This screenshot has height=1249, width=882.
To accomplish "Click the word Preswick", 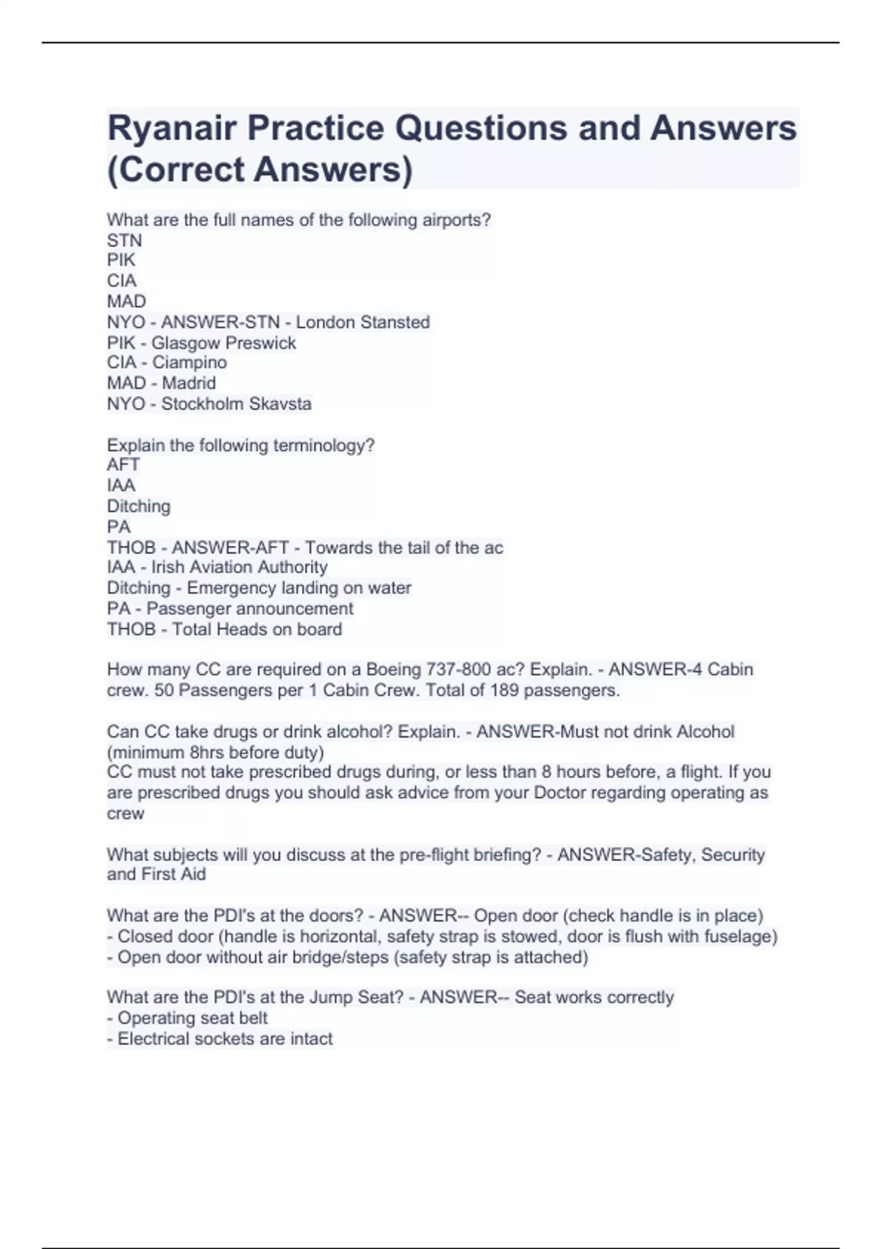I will click(261, 343).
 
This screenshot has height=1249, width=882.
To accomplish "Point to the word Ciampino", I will click(189, 363).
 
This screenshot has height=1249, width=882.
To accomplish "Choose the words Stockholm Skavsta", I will click(236, 404).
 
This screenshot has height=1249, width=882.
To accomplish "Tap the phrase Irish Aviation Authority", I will click(239, 567).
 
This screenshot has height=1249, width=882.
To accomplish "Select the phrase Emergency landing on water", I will click(298, 588).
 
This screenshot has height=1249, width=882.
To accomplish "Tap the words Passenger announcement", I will click(249, 609).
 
